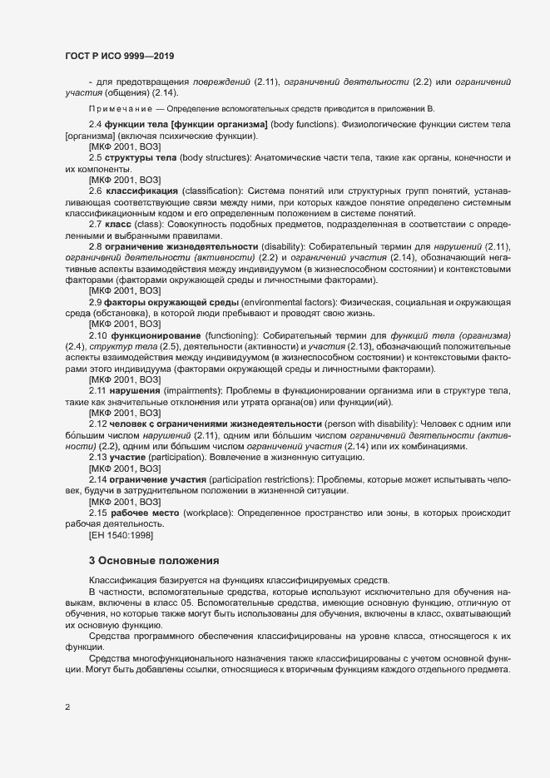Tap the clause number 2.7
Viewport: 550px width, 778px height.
[96, 225]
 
